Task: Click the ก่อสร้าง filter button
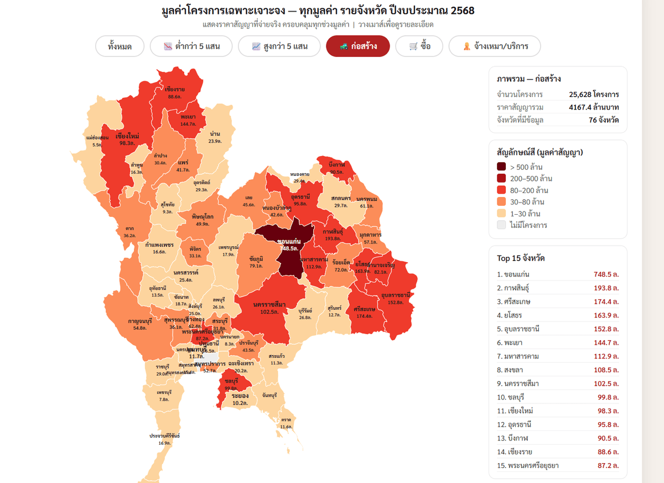pyautogui.click(x=358, y=46)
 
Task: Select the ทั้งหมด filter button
pyautogui.click(x=120, y=46)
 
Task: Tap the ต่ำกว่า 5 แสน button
pyautogui.click(x=191, y=46)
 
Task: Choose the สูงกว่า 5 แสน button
pyautogui.click(x=279, y=46)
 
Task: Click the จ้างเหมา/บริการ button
pyautogui.click(x=495, y=46)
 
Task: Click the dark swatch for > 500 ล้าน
pyautogui.click(x=501, y=167)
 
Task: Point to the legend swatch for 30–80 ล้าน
pyautogui.click(x=501, y=202)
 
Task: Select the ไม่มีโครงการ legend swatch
pyautogui.click(x=501, y=225)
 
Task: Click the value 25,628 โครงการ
pyautogui.click(x=594, y=94)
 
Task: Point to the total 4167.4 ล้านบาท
pyautogui.click(x=594, y=107)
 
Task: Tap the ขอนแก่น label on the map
pyautogui.click(x=288, y=242)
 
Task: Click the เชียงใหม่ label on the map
pyautogui.click(x=127, y=136)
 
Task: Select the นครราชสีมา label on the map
pyautogui.click(x=269, y=305)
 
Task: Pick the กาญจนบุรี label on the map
pyautogui.click(x=139, y=321)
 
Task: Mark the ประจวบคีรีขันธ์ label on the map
pyautogui.click(x=164, y=436)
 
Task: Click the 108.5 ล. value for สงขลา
pyautogui.click(x=606, y=370)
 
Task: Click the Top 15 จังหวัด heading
pyautogui.click(x=520, y=258)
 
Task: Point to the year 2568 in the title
pyautogui.click(x=462, y=11)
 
